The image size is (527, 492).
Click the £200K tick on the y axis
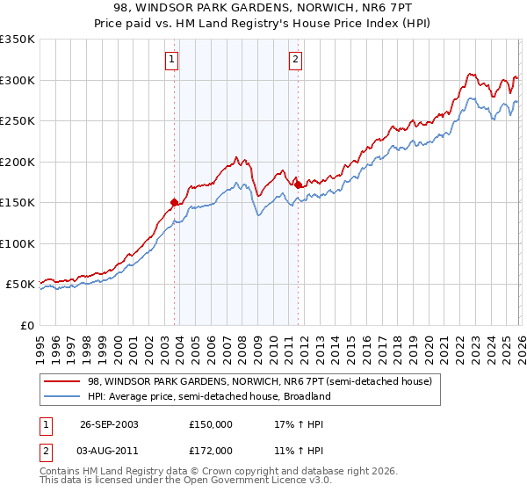(x=18, y=162)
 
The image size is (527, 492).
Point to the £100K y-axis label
(x=18, y=243)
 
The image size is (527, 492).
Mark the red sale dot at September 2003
(x=174, y=202)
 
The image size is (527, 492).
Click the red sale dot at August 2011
(x=298, y=184)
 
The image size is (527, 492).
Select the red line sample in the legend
(x=62, y=382)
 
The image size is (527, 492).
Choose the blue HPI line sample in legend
(x=62, y=396)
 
